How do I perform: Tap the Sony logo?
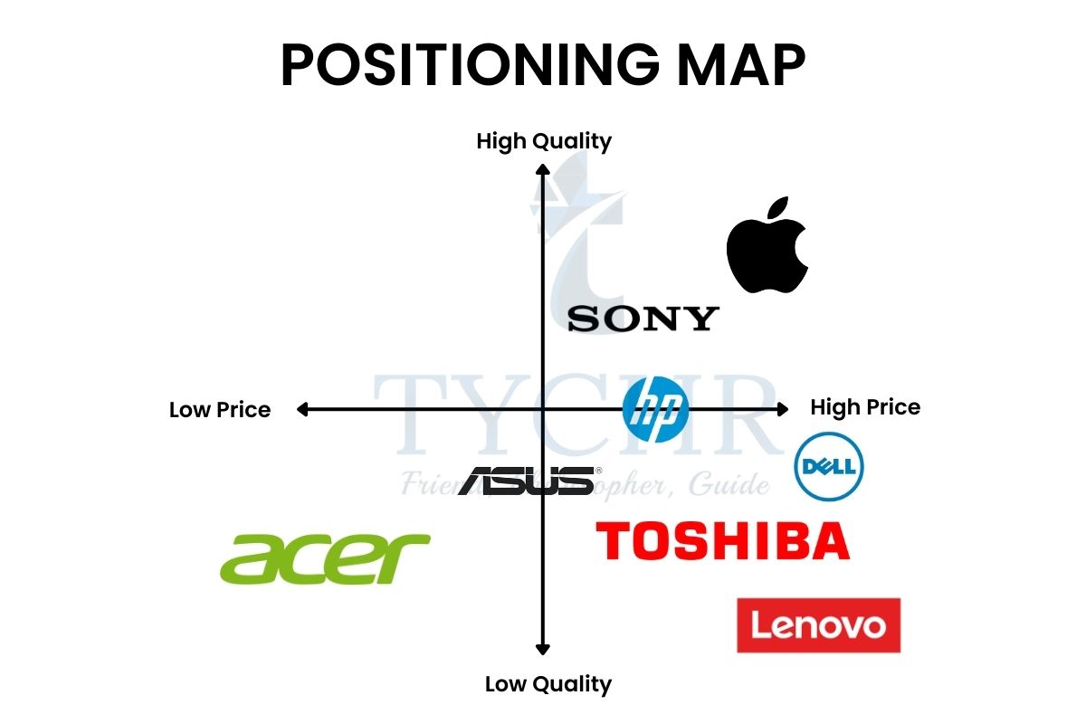click(x=643, y=319)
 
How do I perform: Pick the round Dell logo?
click(x=828, y=467)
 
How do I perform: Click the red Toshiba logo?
click(x=722, y=540)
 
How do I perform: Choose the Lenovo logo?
click(x=818, y=625)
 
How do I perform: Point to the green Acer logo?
click(x=325, y=557)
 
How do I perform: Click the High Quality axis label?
click(x=544, y=141)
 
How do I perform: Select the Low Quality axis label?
click(x=548, y=684)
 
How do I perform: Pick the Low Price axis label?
click(x=220, y=410)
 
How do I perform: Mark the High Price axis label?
click(x=865, y=407)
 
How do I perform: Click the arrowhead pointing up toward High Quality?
click(x=542, y=168)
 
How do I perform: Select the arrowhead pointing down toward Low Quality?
click(x=542, y=648)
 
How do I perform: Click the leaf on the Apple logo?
click(x=776, y=207)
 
